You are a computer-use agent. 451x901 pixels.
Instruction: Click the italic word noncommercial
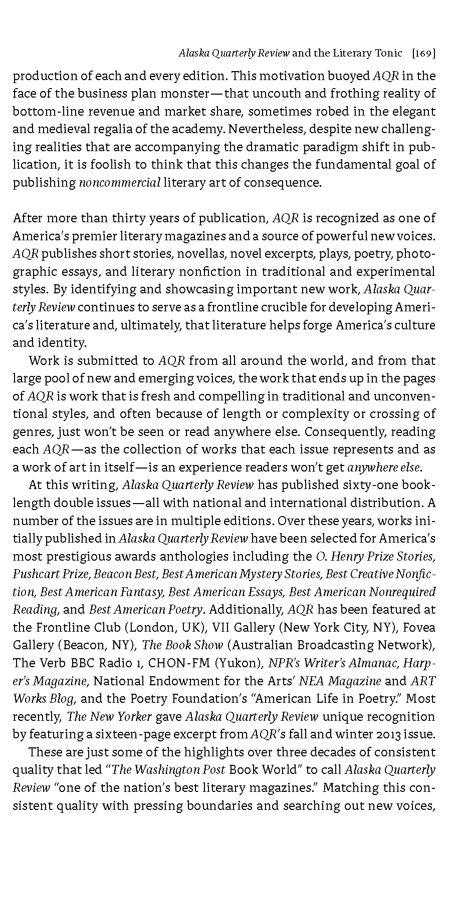pyautogui.click(x=120, y=183)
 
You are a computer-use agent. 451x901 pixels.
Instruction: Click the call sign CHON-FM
pyautogui.click(x=179, y=663)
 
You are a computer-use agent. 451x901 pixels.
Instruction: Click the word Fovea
pyautogui.click(x=419, y=628)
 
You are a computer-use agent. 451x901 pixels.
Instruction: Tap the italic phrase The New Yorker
pyautogui.click(x=109, y=717)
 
